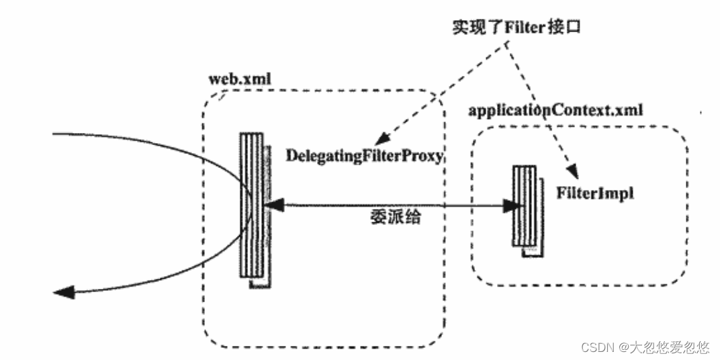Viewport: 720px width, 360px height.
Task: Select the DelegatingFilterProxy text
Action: tap(365, 156)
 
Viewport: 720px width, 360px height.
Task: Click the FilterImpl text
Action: tap(594, 191)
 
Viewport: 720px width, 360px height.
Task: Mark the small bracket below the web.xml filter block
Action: tap(261, 284)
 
